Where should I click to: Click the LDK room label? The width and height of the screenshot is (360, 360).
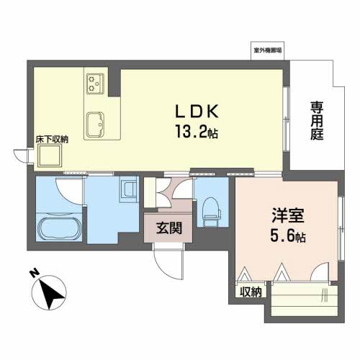click(197, 111)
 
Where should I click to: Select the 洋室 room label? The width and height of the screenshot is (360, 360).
click(288, 215)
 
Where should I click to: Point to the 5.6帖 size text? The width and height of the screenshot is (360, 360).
click(288, 235)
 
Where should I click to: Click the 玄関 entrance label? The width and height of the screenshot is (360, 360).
click(169, 228)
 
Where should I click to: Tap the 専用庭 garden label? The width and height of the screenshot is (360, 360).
click(317, 121)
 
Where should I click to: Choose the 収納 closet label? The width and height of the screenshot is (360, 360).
click(251, 292)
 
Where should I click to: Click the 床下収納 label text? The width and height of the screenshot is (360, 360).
click(52, 140)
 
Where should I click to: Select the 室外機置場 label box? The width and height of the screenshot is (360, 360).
click(268, 50)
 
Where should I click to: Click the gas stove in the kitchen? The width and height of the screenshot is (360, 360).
click(95, 84)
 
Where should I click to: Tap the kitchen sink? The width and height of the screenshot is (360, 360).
click(95, 124)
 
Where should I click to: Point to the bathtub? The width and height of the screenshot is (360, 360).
click(59, 228)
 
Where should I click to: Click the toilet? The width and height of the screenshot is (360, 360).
click(212, 212)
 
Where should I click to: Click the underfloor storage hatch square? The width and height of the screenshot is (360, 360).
click(50, 156)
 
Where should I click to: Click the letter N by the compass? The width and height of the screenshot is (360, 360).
click(35, 273)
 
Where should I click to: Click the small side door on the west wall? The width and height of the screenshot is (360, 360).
click(21, 156)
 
